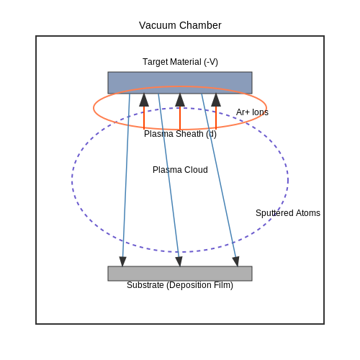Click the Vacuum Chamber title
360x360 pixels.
click(180, 25)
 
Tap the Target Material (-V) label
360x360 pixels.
click(180, 62)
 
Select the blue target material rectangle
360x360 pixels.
click(180, 83)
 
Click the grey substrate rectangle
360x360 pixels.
click(180, 274)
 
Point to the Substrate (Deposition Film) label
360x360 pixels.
click(180, 285)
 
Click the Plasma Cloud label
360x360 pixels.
click(180, 170)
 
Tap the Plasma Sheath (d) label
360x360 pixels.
click(180, 134)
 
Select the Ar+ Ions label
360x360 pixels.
click(252, 112)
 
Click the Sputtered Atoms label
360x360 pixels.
click(288, 213)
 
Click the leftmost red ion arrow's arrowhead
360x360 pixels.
click(144, 100)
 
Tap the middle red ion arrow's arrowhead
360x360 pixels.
click(180, 100)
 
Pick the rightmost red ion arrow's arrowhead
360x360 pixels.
click(216, 100)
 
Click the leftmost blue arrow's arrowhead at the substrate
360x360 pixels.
click(122, 261)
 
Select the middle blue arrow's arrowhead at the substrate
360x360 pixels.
click(179, 261)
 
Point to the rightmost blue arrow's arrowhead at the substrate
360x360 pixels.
click(236, 261)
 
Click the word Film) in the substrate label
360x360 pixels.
click(224, 285)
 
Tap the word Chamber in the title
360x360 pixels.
click(200, 25)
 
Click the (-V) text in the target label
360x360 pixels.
click(211, 62)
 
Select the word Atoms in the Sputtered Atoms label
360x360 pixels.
click(307, 213)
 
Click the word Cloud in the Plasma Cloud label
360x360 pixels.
click(196, 170)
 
